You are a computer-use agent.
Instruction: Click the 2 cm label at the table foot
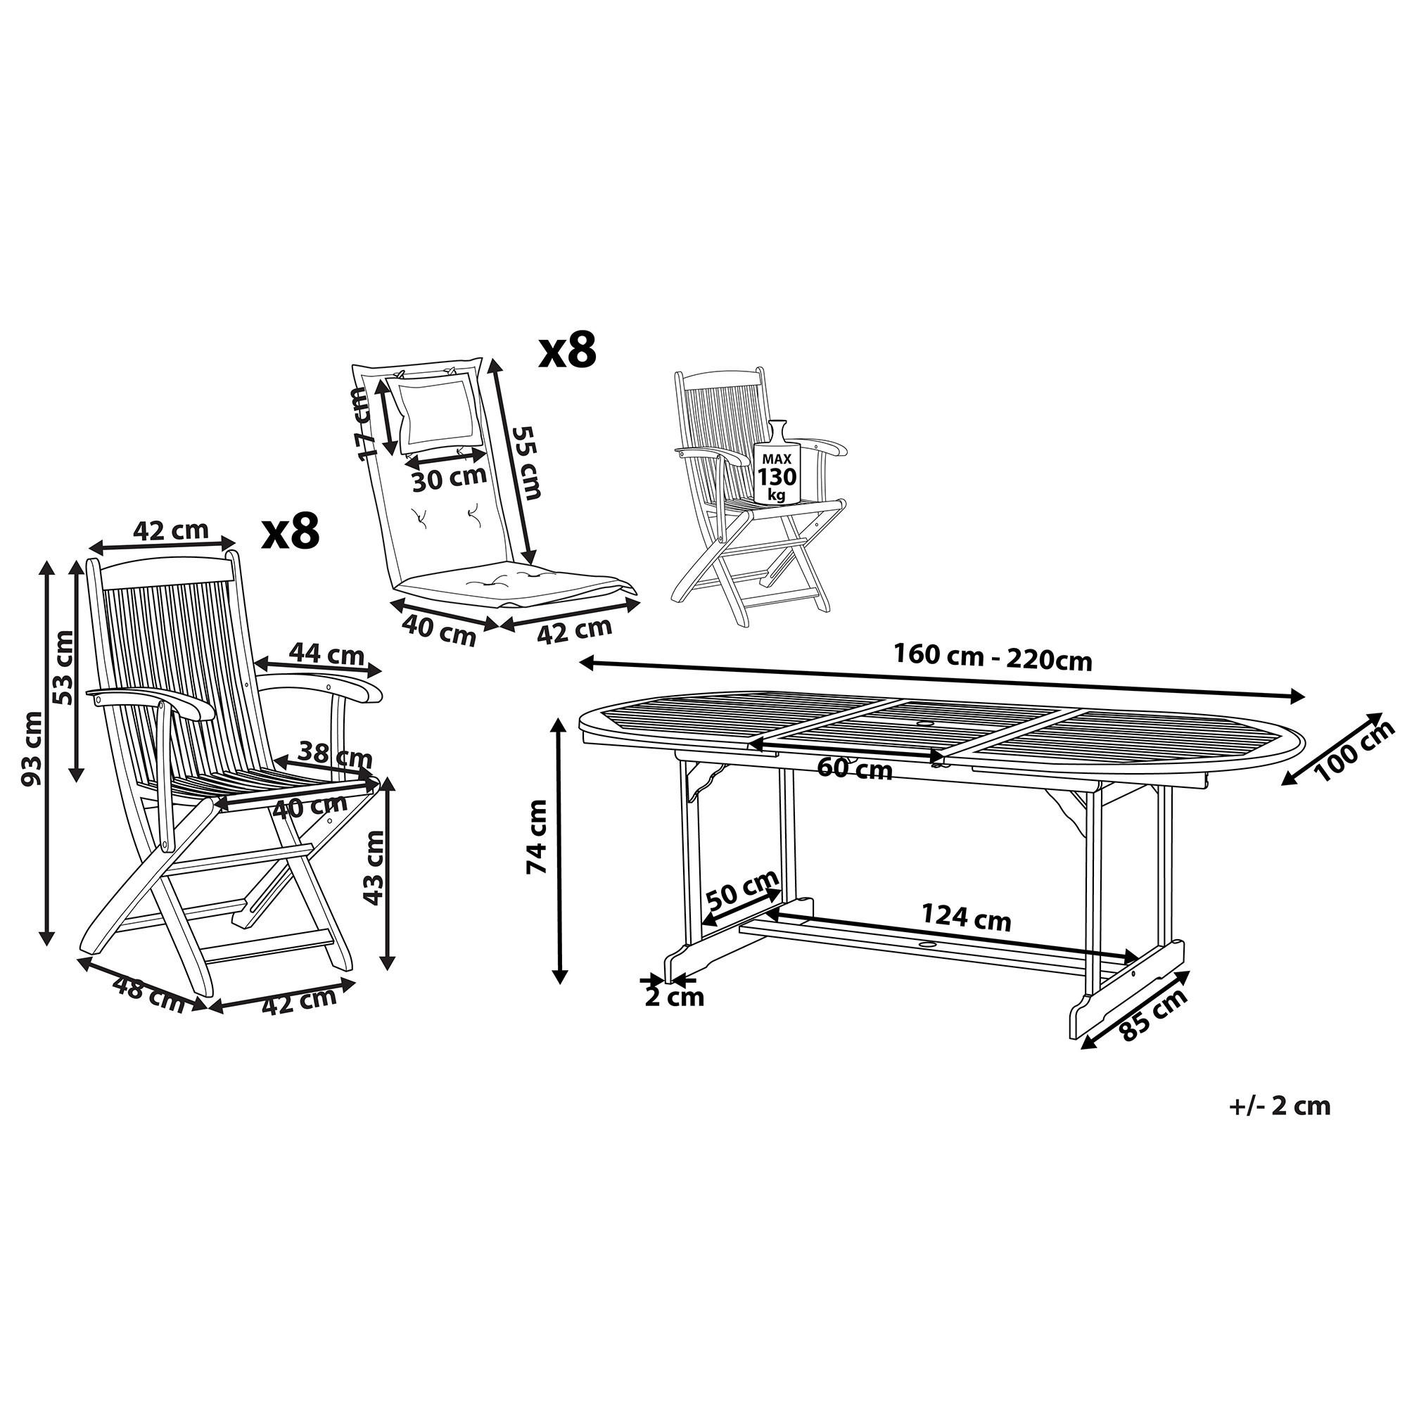(675, 997)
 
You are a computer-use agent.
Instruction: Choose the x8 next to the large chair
(291, 532)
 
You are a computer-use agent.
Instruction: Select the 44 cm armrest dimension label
(326, 654)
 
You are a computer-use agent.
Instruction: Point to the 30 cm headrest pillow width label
(449, 478)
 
